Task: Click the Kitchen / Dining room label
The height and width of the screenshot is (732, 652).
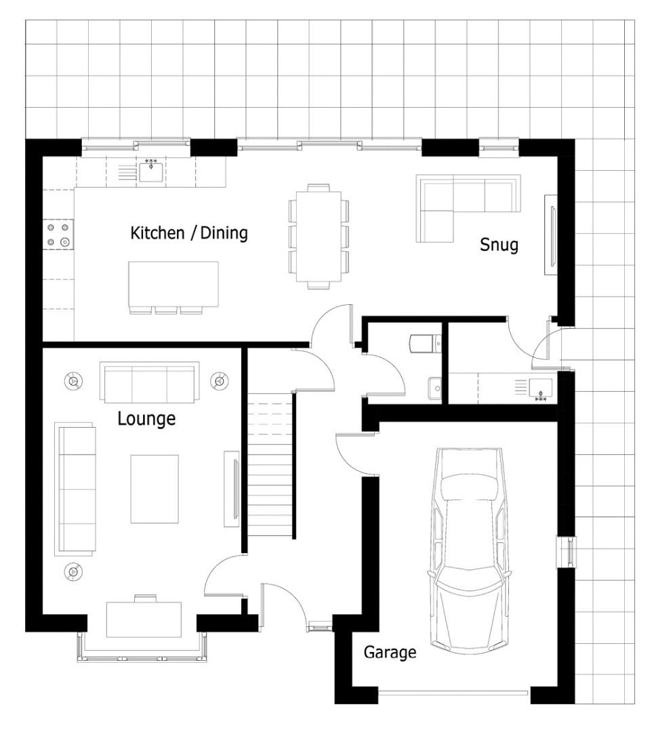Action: pos(188,233)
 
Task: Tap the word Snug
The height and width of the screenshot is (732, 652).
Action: pos(499,245)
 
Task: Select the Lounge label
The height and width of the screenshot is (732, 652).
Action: pos(146,419)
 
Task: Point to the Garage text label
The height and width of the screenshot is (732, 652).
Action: pos(390,652)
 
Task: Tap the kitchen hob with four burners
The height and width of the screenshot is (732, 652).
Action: pos(58,235)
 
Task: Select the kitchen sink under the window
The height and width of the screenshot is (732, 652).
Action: pos(150,171)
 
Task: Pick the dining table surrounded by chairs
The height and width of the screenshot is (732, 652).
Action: pos(319,236)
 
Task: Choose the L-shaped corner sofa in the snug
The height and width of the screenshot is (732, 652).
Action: pos(467,208)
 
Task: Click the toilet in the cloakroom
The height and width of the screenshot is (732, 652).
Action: pos(424,343)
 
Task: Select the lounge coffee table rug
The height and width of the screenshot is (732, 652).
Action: pos(155,489)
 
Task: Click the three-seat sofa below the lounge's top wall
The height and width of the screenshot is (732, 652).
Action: pos(149,382)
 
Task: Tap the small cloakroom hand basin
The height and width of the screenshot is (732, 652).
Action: pos(434,388)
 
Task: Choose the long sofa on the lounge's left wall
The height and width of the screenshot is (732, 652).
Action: pos(76,489)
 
